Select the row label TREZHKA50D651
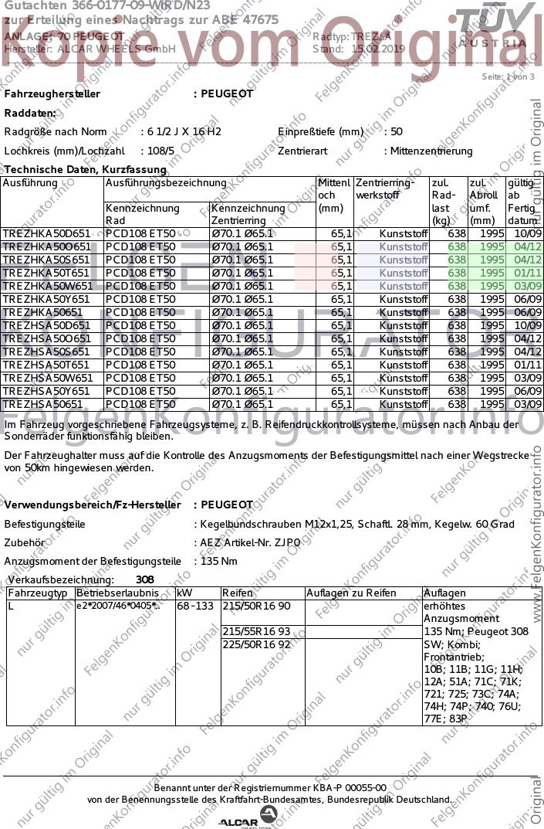[46, 233]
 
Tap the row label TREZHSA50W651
[48, 378]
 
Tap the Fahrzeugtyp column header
[39, 593]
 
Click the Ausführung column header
[30, 183]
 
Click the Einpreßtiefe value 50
[396, 132]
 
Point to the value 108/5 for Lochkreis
[160, 151]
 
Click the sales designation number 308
[144, 579]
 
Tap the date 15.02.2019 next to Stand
[377, 49]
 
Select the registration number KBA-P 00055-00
[349, 787]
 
